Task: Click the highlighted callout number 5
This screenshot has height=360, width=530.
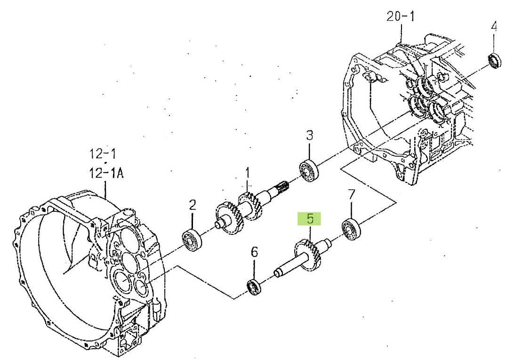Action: [310, 219]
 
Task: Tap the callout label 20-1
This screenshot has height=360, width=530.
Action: [401, 16]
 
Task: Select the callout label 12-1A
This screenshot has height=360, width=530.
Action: [106, 173]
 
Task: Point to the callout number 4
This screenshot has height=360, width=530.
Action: [494, 26]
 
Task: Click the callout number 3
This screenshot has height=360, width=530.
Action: [310, 135]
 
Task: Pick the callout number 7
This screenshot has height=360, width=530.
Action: [352, 194]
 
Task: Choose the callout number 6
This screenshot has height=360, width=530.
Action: [254, 252]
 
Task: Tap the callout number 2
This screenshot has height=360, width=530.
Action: [193, 205]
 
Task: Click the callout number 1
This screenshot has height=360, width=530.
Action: [248, 173]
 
